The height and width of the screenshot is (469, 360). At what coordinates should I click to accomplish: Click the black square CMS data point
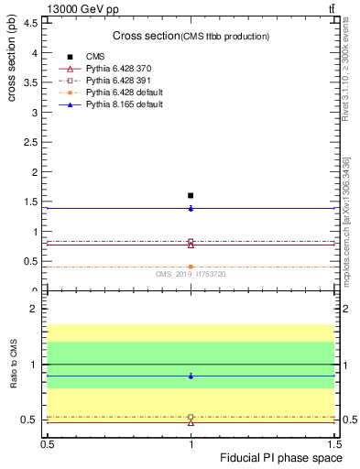[191, 195]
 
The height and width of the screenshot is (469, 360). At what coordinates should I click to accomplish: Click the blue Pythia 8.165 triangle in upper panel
[191, 208]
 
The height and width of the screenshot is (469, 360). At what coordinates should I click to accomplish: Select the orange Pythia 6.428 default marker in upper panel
[191, 267]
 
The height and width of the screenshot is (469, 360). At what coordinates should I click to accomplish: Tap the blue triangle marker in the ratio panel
[191, 376]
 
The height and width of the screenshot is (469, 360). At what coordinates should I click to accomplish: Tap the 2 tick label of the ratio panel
[33, 310]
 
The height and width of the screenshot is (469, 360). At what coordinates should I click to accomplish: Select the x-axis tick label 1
[191, 443]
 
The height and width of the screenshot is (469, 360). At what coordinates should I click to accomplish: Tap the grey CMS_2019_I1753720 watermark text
[191, 274]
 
